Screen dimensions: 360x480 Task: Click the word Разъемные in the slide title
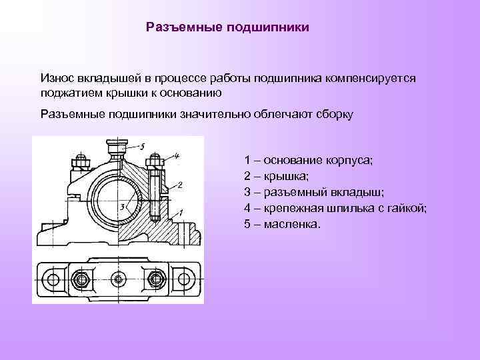pyautogui.click(x=183, y=28)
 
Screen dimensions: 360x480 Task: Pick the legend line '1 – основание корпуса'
pyautogui.click(x=310, y=161)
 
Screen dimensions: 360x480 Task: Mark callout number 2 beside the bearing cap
pyautogui.click(x=181, y=185)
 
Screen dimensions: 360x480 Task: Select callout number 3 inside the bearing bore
pyautogui.click(x=122, y=207)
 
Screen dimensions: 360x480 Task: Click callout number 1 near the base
pyautogui.click(x=180, y=213)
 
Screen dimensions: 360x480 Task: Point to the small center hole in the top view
pyautogui.click(x=118, y=279)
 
